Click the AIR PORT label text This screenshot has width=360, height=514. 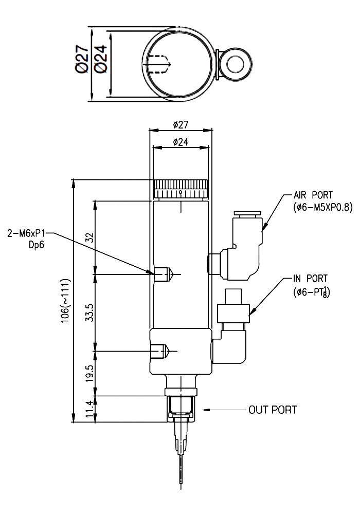coord(313,195)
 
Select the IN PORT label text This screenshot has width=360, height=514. coord(310,279)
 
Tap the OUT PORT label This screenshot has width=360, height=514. coord(273,410)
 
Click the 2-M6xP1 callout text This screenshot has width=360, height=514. coord(26,234)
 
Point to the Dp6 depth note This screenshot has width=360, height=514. coord(36,245)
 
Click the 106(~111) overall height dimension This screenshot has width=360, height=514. coord(65,301)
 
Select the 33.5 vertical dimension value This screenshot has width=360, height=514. coord(89,313)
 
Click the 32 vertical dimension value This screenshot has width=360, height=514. coord(89,237)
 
